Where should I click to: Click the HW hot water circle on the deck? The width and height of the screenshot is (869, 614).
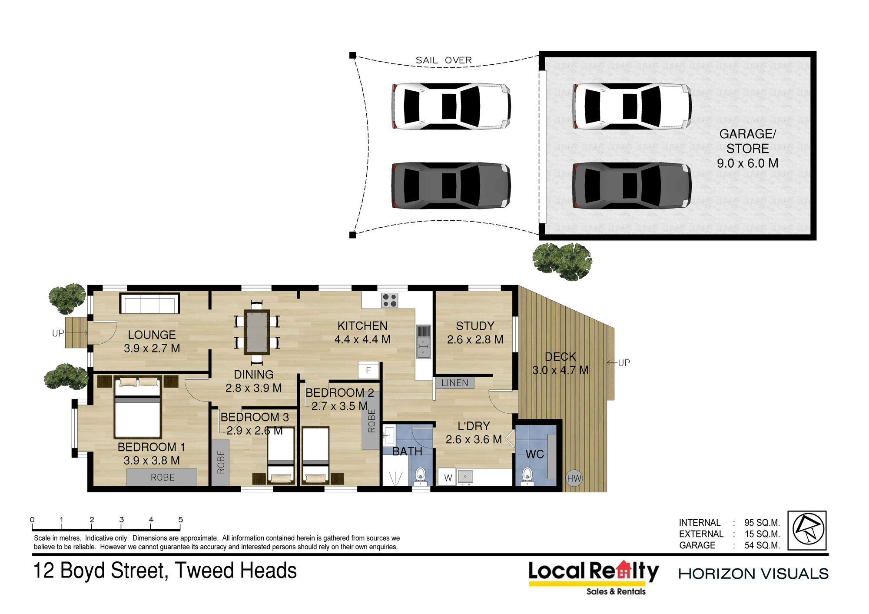(x=574, y=478)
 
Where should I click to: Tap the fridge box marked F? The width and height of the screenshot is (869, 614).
(x=368, y=371)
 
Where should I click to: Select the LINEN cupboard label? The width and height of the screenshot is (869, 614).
(x=454, y=383)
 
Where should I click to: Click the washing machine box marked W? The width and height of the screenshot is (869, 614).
(x=448, y=478)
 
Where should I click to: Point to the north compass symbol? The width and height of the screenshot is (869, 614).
(x=807, y=530)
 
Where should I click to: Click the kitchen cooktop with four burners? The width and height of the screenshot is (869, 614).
(x=390, y=300)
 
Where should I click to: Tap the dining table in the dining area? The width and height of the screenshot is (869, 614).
(x=257, y=332)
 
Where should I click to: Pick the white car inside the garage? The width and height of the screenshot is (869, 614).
(x=632, y=106)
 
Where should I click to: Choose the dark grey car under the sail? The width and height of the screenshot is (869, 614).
(x=451, y=186)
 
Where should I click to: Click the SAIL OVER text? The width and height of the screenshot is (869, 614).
(x=444, y=60)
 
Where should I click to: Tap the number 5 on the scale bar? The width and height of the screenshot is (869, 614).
(x=181, y=519)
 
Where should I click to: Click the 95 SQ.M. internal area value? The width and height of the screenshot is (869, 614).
(x=762, y=523)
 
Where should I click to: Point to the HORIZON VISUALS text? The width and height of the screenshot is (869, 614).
(x=753, y=574)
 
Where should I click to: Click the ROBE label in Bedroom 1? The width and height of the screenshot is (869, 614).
(x=163, y=477)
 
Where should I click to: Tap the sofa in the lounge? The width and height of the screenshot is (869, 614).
(x=150, y=303)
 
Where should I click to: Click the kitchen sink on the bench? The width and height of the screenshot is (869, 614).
(x=423, y=342)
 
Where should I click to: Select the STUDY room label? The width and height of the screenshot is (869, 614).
(x=475, y=326)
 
